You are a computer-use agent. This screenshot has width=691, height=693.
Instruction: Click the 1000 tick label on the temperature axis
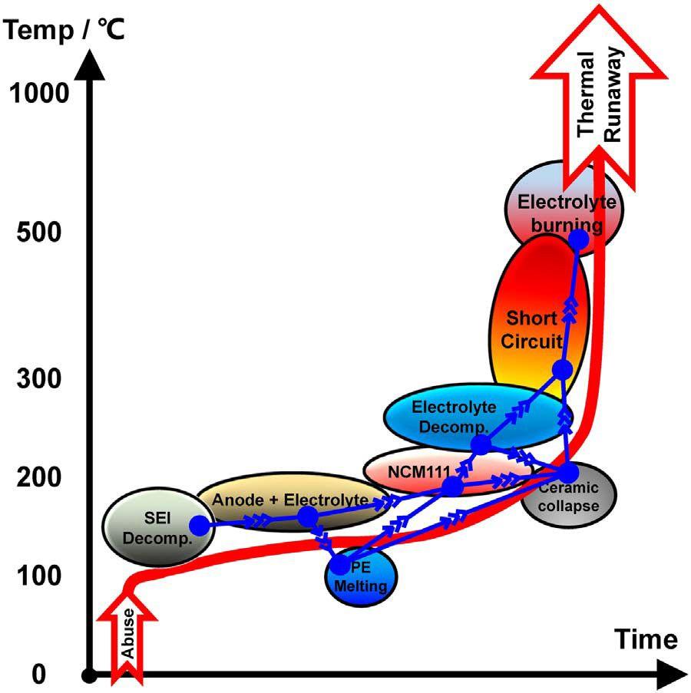[39, 94]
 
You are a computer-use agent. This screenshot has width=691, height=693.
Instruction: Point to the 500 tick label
[39, 232]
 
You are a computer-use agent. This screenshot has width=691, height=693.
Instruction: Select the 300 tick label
[39, 379]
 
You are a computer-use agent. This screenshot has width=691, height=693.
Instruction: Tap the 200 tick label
[39, 477]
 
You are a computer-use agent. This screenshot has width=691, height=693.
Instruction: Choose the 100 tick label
[39, 576]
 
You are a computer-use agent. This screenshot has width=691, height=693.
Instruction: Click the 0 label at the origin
[39, 674]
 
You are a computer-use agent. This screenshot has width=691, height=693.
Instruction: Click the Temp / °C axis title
[64, 31]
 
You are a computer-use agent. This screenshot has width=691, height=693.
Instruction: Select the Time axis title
[646, 639]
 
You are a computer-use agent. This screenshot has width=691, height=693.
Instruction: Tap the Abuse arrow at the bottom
[127, 636]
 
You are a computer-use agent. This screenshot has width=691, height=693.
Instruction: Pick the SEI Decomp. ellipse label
[157, 528]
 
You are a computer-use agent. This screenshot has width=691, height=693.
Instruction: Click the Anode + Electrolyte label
[290, 500]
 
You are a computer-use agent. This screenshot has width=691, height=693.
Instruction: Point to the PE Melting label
[361, 576]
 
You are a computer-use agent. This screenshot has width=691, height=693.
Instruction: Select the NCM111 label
[419, 471]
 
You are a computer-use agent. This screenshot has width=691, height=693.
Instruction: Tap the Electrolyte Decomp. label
[454, 417]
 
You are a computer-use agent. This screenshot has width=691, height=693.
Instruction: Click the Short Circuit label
[532, 330]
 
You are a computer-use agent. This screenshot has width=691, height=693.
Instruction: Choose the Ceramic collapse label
[568, 497]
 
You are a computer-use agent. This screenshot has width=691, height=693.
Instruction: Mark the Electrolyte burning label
[567, 213]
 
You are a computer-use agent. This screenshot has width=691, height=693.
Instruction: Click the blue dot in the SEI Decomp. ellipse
[200, 526]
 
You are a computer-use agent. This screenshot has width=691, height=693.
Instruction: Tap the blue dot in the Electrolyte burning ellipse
[578, 239]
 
